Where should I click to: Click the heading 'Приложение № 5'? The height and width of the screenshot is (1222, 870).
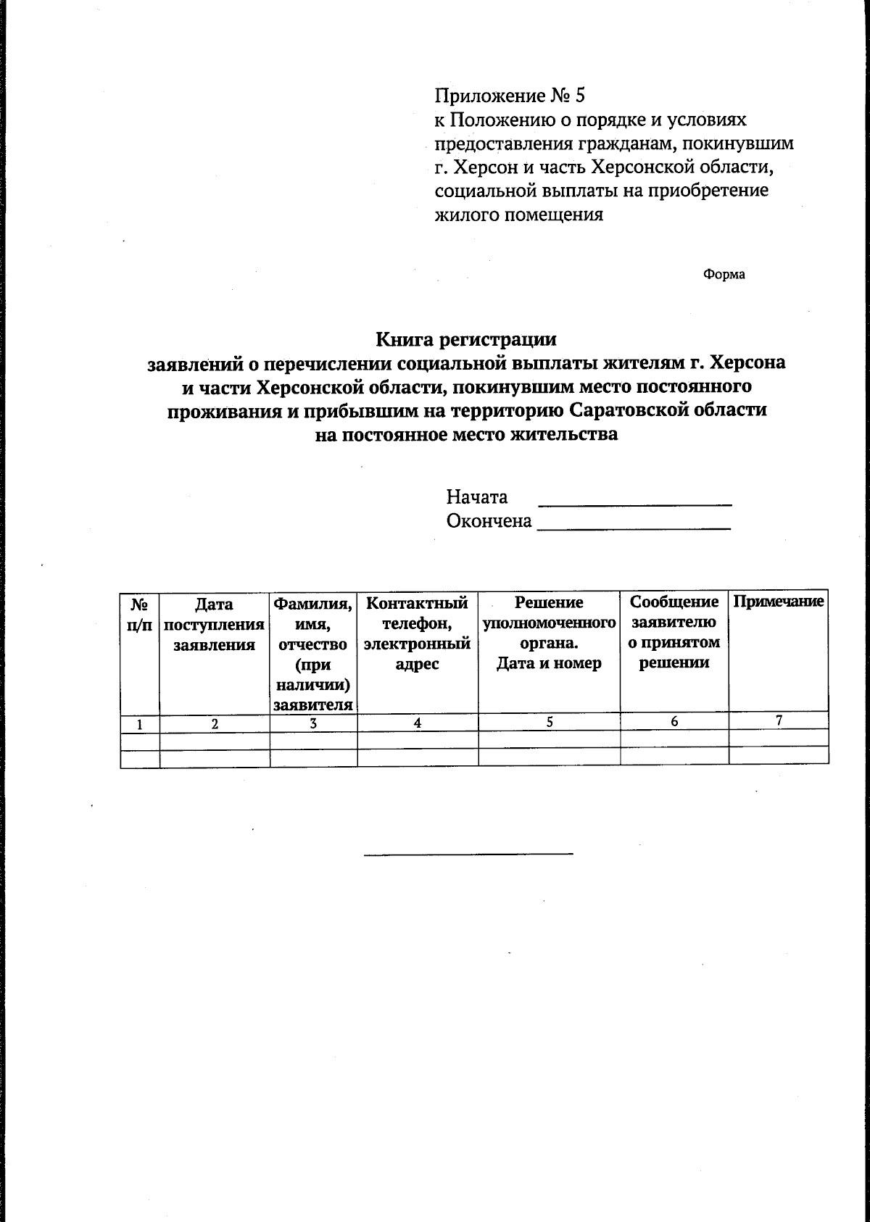tap(509, 95)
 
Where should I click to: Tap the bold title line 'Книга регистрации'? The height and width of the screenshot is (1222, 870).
tap(466, 338)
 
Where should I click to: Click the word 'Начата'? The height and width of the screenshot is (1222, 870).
tap(476, 497)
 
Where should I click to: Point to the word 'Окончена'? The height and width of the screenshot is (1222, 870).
tap(489, 521)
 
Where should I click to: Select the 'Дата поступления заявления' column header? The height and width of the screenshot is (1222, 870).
tap(215, 625)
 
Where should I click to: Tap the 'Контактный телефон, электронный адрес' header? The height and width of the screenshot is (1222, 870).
tap(418, 633)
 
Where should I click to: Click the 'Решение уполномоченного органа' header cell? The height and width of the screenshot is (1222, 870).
tap(549, 633)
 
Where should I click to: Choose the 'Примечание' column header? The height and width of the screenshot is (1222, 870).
tap(779, 602)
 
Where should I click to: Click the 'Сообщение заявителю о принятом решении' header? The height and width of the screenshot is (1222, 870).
tap(674, 632)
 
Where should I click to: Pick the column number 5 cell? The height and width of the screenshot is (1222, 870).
tap(550, 722)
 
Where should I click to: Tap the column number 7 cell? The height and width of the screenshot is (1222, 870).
tap(779, 721)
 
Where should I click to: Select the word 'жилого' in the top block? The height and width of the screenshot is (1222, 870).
tap(461, 215)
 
